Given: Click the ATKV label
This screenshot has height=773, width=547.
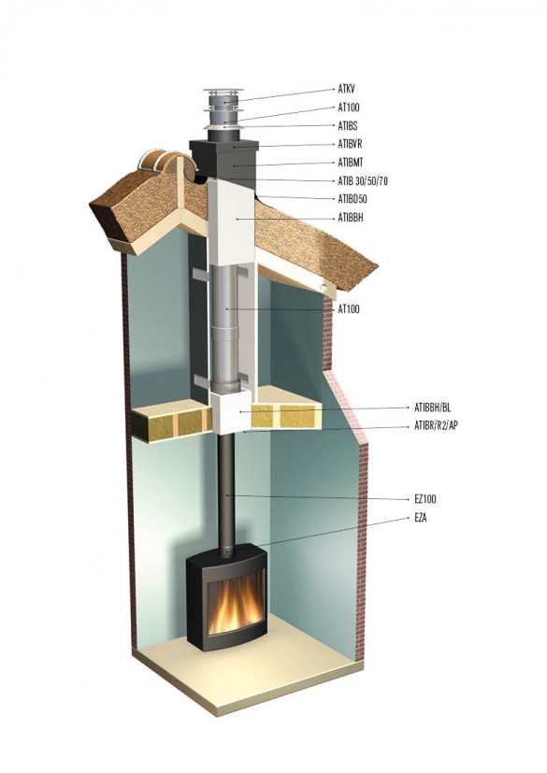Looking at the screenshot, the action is (346, 89).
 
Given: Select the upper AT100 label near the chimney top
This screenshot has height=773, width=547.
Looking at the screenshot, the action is (348, 107).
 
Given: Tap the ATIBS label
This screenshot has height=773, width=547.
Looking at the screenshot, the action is (347, 126).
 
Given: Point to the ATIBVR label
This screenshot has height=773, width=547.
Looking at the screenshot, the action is (350, 145).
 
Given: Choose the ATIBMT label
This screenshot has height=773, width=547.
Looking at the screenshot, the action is (351, 163).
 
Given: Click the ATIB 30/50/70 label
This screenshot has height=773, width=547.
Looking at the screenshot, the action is (363, 181).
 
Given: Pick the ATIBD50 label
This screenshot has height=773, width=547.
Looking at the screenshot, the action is (353, 199).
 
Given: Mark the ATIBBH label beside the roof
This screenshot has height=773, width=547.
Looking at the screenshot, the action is (351, 218).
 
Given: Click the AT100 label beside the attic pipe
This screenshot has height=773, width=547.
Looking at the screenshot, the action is (348, 309).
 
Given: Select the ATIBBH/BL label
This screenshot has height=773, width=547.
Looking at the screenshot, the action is (432, 408).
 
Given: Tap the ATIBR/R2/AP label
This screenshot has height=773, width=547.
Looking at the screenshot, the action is (436, 426).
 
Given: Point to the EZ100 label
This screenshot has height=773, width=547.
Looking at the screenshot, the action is (425, 499).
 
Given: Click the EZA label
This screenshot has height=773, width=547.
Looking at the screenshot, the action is (420, 518).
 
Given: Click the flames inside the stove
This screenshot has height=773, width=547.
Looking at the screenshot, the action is (234, 604).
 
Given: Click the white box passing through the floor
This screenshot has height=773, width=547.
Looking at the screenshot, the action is (230, 412).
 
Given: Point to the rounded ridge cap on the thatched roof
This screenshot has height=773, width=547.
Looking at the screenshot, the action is (166, 166).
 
